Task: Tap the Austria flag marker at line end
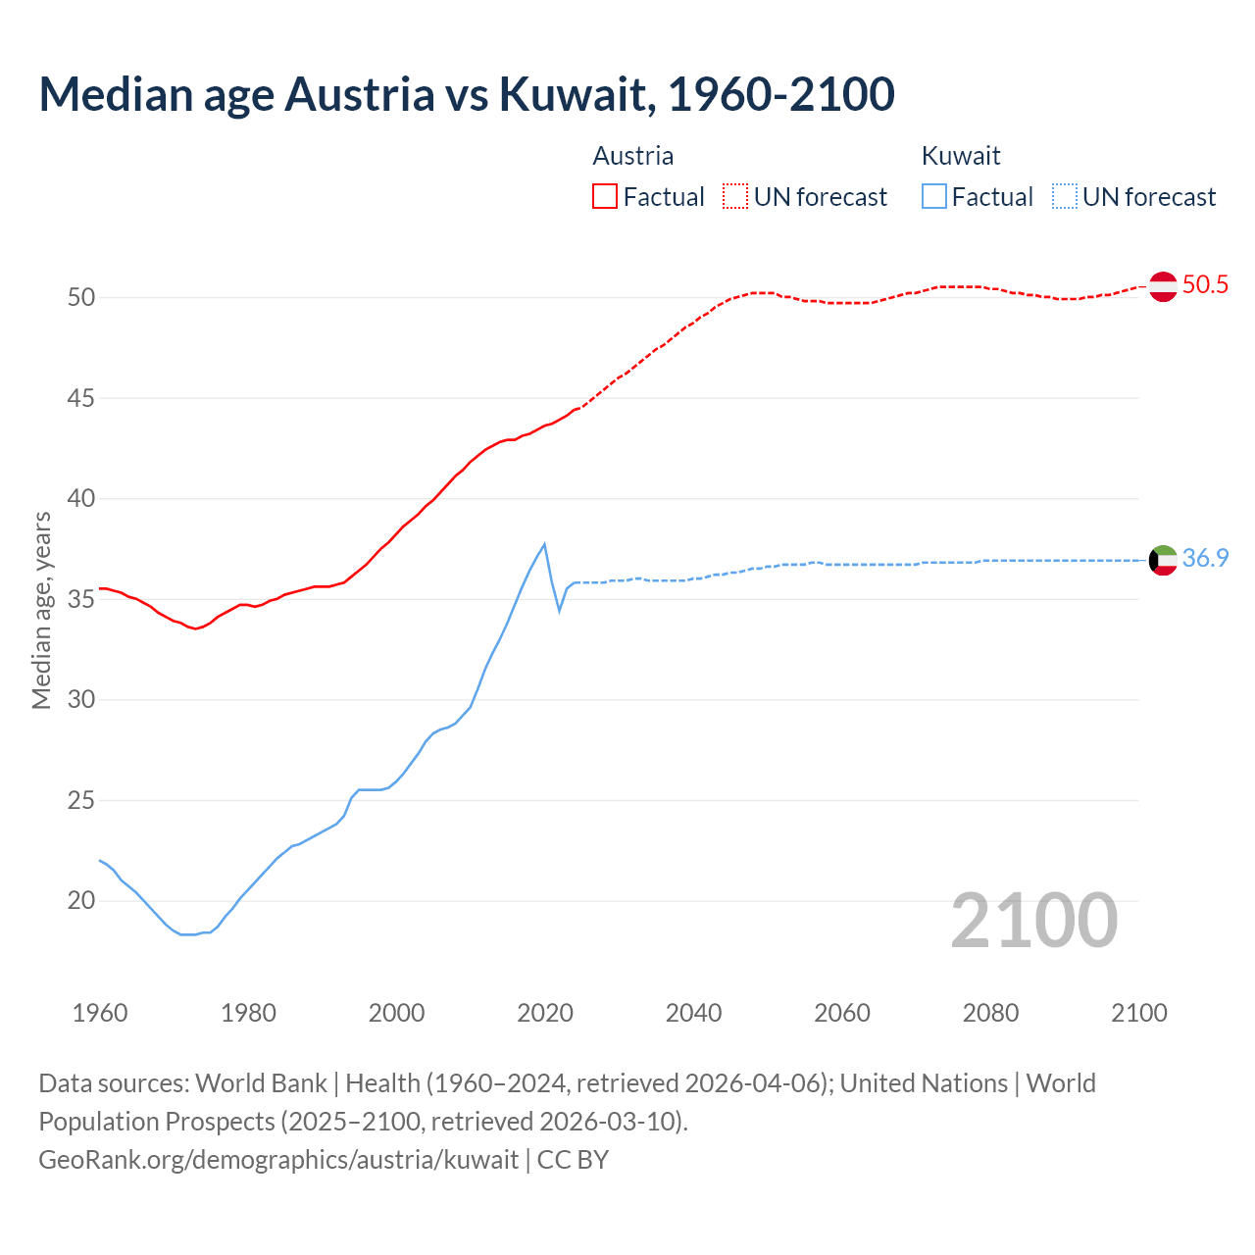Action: (1163, 286)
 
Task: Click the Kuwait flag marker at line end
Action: (1163, 560)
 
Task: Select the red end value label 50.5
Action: (1205, 285)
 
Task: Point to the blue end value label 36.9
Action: (1205, 559)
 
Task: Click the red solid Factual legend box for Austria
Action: (605, 197)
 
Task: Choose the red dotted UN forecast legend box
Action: (735, 197)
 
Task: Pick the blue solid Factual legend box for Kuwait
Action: (934, 197)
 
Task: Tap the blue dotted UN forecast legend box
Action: (1065, 197)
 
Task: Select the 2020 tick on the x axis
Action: (545, 1013)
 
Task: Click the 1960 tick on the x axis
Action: (100, 1013)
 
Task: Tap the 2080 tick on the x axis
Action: (990, 1013)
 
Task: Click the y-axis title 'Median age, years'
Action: (41, 610)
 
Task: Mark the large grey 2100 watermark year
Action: (1033, 920)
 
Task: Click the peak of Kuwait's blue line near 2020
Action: (544, 544)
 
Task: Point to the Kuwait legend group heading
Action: (961, 156)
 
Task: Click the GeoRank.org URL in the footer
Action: (278, 1160)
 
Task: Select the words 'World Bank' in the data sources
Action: (261, 1083)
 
